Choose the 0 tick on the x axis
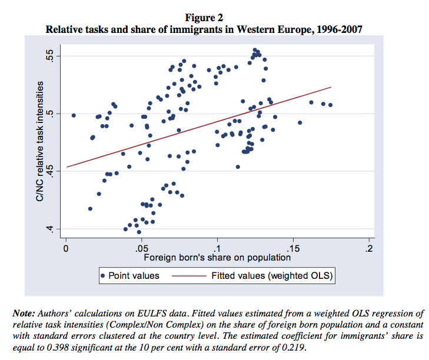click(66, 248)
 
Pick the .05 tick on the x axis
click(141, 248)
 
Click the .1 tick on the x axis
click(218, 248)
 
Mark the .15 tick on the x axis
click(293, 248)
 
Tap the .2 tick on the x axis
click(369, 248)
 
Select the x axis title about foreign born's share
click(217, 257)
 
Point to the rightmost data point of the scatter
click(331, 105)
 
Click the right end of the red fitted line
click(331, 87)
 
